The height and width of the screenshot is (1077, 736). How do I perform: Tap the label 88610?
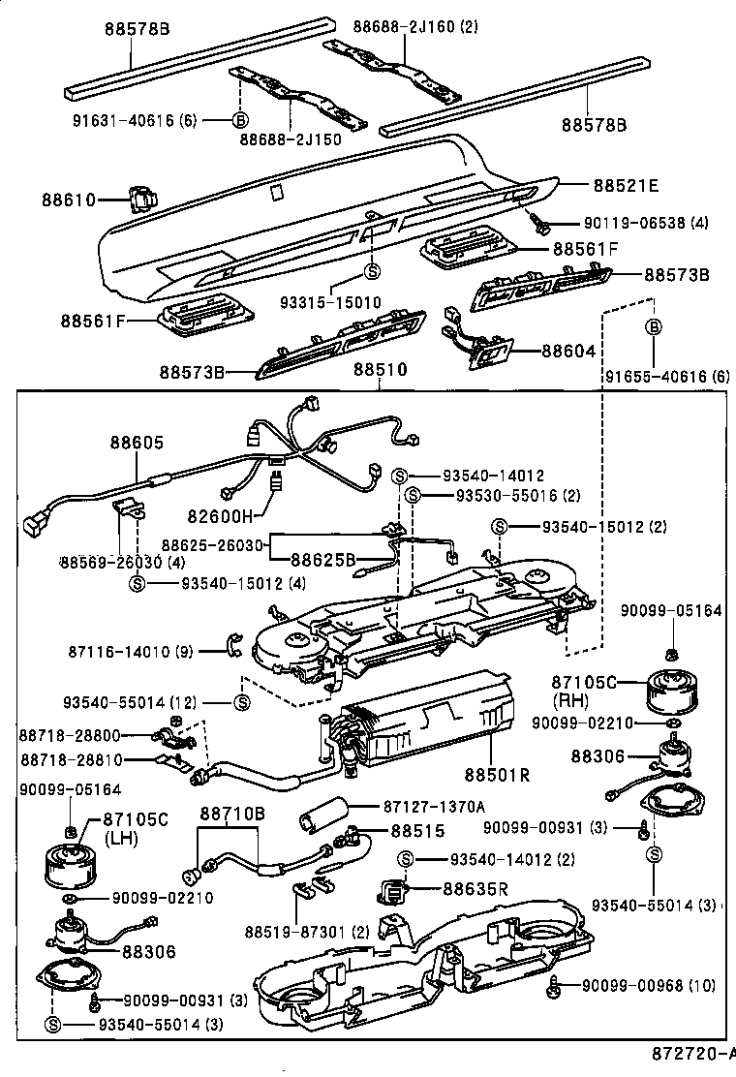pyautogui.click(x=69, y=200)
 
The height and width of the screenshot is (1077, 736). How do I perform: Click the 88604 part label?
pyautogui.click(x=568, y=352)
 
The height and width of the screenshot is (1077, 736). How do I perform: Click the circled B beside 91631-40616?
pyautogui.click(x=239, y=120)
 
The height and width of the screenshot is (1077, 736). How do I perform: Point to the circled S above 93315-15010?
pyautogui.click(x=372, y=270)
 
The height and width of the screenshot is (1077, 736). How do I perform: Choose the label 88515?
pyautogui.click(x=417, y=831)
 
